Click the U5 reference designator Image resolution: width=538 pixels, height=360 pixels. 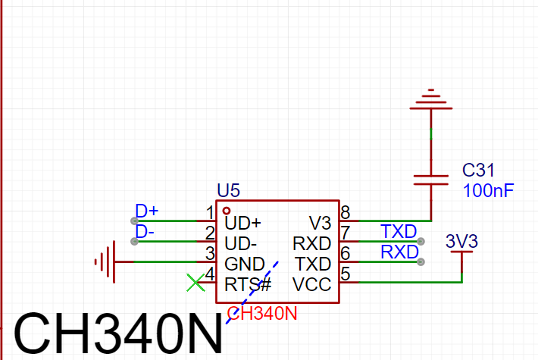click(229, 190)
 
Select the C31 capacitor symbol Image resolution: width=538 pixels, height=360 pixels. click(431, 180)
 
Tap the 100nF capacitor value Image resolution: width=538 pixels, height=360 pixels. click(488, 191)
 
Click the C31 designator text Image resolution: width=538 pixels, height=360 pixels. click(478, 170)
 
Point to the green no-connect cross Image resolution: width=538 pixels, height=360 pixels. click(195, 283)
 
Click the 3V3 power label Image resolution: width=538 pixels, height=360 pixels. click(461, 241)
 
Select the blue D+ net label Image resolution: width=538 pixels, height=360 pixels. click(147, 211)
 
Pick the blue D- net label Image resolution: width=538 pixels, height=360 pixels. click(145, 232)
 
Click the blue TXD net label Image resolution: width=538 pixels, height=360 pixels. click(399, 232)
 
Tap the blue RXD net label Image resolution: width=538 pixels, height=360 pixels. click(400, 252)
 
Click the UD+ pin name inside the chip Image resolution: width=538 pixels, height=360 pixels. click(243, 224)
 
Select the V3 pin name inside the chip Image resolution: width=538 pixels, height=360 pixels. click(320, 224)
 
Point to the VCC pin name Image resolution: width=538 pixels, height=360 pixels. click(312, 284)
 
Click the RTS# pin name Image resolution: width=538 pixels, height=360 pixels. click(248, 284)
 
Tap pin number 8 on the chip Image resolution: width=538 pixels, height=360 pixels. click(346, 213)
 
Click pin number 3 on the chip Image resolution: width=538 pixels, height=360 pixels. click(210, 254)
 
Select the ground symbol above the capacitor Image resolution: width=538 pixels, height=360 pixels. click(431, 99)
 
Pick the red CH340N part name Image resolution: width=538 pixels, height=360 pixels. click(262, 313)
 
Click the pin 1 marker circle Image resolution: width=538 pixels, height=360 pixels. click(227, 211)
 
